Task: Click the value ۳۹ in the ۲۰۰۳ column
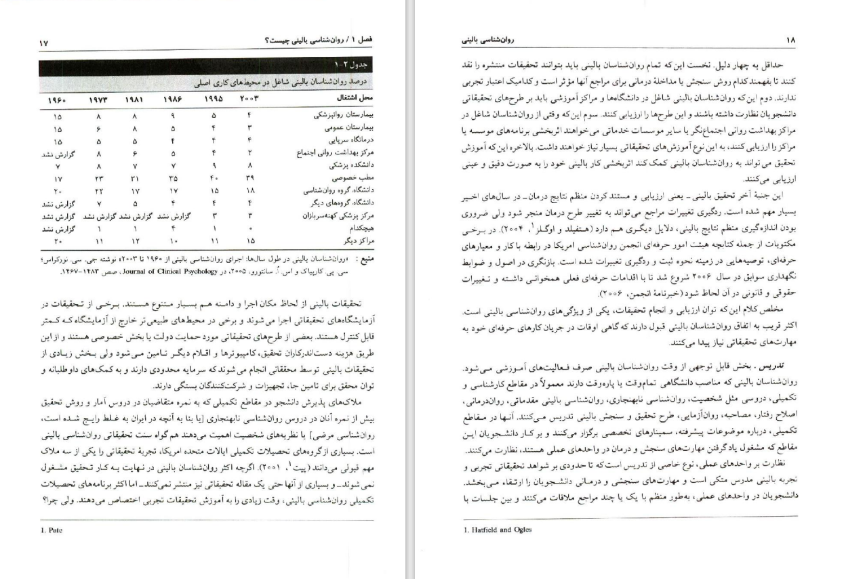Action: pos(249,178)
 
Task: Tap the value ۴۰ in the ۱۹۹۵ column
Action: pos(214,178)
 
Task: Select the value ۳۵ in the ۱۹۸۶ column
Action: pos(174,178)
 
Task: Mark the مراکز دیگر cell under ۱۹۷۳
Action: pos(99,241)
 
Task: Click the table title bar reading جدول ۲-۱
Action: pos(350,65)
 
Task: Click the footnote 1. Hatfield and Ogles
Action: pos(493,530)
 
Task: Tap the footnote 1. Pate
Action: pos(52,530)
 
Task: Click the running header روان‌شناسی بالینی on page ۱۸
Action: pos(487,41)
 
